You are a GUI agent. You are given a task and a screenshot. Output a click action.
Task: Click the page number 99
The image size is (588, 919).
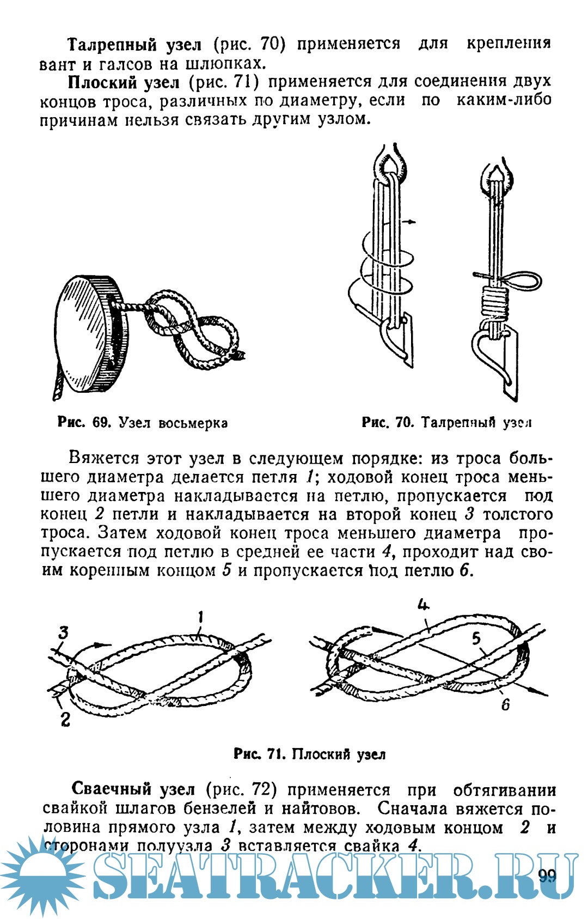coord(547,875)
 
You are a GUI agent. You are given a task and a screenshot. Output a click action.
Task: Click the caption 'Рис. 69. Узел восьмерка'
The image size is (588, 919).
coord(142,422)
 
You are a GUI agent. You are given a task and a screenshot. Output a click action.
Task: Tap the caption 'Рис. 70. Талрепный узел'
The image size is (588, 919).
coord(446,422)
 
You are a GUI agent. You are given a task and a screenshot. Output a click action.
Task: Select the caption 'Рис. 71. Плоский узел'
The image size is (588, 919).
coord(309,754)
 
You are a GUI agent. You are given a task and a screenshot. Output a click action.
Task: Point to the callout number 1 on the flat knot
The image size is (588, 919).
coord(200,617)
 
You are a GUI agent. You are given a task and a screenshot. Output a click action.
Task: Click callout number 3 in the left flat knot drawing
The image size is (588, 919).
coord(64,632)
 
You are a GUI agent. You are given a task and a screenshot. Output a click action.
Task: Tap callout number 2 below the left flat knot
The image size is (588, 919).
coord(65,719)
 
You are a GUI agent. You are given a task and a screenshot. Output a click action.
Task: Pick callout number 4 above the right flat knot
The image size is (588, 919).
coord(424,605)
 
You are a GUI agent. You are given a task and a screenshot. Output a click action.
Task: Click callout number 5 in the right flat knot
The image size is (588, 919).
coord(476,638)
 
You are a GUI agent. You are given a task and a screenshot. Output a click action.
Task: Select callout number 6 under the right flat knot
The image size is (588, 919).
coord(506,704)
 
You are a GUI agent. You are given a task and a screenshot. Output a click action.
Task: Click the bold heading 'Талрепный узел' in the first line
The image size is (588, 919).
coord(134,44)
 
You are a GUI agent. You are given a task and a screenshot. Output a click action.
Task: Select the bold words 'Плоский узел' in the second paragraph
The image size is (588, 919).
coord(123,82)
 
